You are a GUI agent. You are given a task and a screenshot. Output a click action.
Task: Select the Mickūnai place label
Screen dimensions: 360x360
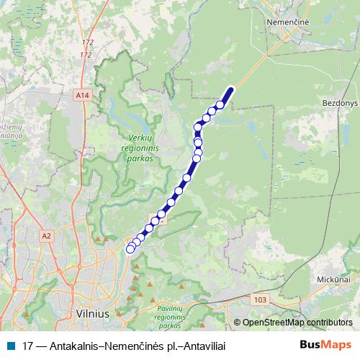pyautogui.click(x=335, y=277)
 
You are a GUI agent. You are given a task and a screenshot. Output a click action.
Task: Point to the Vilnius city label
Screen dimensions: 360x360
pyautogui.click(x=92, y=314)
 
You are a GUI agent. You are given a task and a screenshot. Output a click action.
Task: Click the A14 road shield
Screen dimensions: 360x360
pyautogui.click(x=83, y=94)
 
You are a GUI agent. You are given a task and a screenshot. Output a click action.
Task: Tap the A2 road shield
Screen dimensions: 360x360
pyautogui.click(x=48, y=235)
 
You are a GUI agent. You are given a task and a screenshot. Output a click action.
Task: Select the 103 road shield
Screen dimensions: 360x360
pyautogui.click(x=261, y=298)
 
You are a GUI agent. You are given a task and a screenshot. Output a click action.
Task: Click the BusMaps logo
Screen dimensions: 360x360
pyautogui.click(x=326, y=345)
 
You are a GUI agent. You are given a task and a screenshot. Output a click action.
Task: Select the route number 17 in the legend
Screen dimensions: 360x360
pyautogui.click(x=28, y=346)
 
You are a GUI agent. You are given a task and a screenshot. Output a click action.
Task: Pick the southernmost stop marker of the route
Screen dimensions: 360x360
pyautogui.click(x=130, y=249)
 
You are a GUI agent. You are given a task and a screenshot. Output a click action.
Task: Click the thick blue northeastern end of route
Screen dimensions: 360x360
pyautogui.click(x=230, y=91)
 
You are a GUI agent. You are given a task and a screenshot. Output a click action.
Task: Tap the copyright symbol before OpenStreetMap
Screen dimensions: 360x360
pyautogui.click(x=237, y=323)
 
